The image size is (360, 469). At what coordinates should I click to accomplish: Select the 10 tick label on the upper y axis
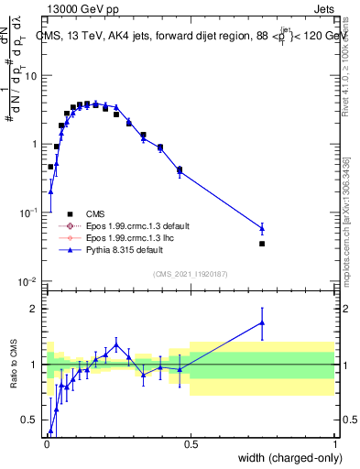click(x=30, y=76)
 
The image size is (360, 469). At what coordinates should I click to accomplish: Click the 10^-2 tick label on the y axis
click(x=27, y=281)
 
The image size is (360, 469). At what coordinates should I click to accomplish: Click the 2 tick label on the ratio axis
click(x=34, y=309)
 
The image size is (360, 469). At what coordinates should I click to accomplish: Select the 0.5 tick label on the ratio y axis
click(x=30, y=420)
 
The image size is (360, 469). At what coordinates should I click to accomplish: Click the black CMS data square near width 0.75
click(x=262, y=244)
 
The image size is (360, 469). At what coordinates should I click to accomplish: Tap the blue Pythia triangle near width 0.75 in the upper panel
click(x=262, y=228)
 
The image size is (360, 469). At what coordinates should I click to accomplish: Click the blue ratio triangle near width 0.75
click(x=262, y=322)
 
